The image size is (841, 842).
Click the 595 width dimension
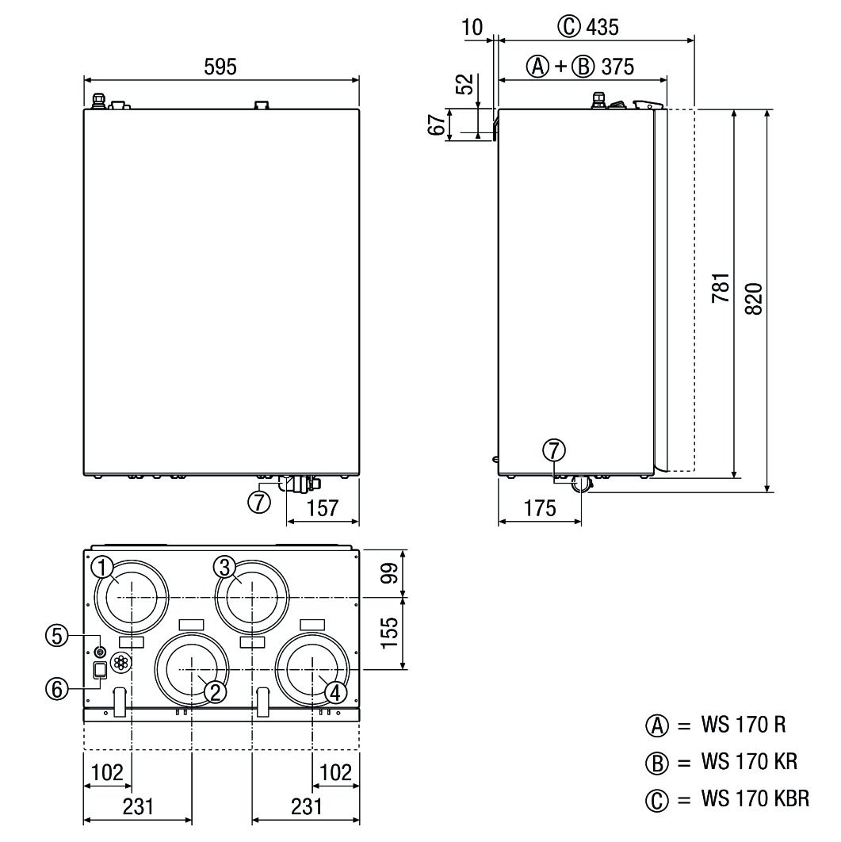pyautogui.click(x=220, y=67)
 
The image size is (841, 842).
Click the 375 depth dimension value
pyautogui.click(x=617, y=67)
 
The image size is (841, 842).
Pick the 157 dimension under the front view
pyautogui.click(x=322, y=508)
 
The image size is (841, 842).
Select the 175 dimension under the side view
pyautogui.click(x=540, y=508)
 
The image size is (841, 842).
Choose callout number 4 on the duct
pyautogui.click(x=336, y=692)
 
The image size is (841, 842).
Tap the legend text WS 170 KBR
pyautogui.click(x=755, y=798)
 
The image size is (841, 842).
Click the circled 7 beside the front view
pyautogui.click(x=259, y=502)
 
